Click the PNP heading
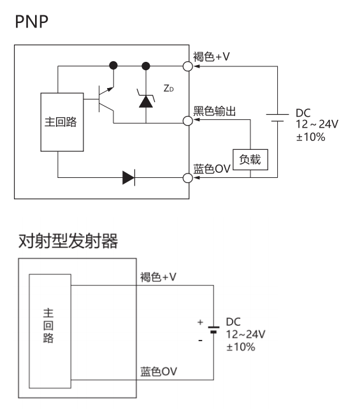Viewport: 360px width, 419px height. (x=31, y=22)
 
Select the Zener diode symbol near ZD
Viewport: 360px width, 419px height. (x=146, y=99)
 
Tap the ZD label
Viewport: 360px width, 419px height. (x=168, y=88)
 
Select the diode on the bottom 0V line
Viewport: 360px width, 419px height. (x=129, y=177)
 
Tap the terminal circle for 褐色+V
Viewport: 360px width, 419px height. (x=188, y=66)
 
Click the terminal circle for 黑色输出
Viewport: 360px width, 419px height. (x=188, y=121)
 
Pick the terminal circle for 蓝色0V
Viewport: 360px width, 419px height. (x=188, y=178)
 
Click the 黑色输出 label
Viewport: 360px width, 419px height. (x=215, y=111)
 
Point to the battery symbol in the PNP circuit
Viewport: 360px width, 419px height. (x=277, y=117)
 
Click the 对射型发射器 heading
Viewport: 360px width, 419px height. (x=68, y=241)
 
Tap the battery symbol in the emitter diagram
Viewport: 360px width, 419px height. (x=213, y=330)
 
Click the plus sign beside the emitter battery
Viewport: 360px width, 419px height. (x=200, y=322)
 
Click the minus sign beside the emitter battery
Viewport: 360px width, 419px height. (x=200, y=341)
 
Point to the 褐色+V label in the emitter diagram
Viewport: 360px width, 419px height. (x=158, y=277)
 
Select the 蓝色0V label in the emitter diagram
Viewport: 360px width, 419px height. (x=159, y=371)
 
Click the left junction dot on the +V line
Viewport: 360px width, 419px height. (x=113, y=65)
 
